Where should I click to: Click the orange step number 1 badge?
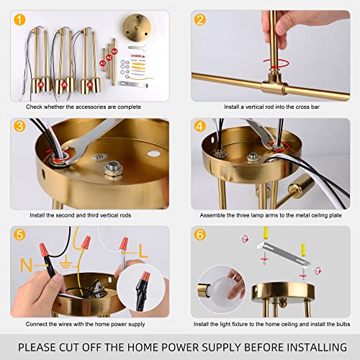(x=19, y=19)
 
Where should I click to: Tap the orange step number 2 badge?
(x=200, y=19)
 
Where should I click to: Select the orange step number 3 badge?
(x=19, y=126)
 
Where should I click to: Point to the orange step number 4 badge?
(x=200, y=126)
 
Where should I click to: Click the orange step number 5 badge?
(x=19, y=235)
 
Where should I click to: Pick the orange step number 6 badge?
(x=200, y=235)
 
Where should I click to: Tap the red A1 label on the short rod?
(x=102, y=63)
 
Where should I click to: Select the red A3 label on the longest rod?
(x=114, y=51)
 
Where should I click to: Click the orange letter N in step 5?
(x=26, y=265)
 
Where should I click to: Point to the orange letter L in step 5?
(x=143, y=251)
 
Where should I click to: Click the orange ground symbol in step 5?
(x=66, y=263)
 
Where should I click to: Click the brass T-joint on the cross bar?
(x=275, y=85)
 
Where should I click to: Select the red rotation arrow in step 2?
(x=276, y=64)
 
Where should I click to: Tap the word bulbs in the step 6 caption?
(x=343, y=324)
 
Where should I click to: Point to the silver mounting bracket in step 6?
(x=283, y=255)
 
